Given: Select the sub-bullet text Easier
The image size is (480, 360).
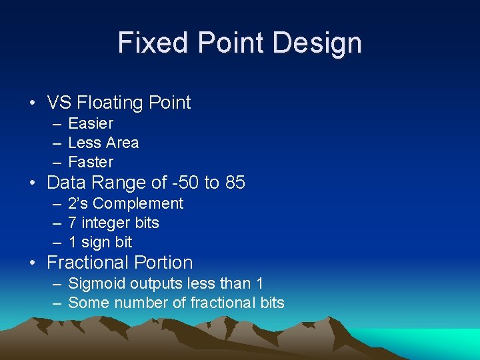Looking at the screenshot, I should tap(91, 123).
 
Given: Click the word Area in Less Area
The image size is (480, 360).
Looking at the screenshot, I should tap(122, 143).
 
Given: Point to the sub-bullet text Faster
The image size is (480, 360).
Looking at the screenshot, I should tap(91, 162).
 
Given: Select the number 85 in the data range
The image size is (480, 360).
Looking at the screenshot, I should tap(235, 183).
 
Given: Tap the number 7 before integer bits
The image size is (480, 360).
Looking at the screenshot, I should tap(73, 223).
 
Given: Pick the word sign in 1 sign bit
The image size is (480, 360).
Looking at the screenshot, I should tap(96, 243).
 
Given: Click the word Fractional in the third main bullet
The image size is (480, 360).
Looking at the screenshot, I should tap(88, 263).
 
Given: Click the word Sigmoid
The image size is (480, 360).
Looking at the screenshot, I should tap(97, 284).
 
